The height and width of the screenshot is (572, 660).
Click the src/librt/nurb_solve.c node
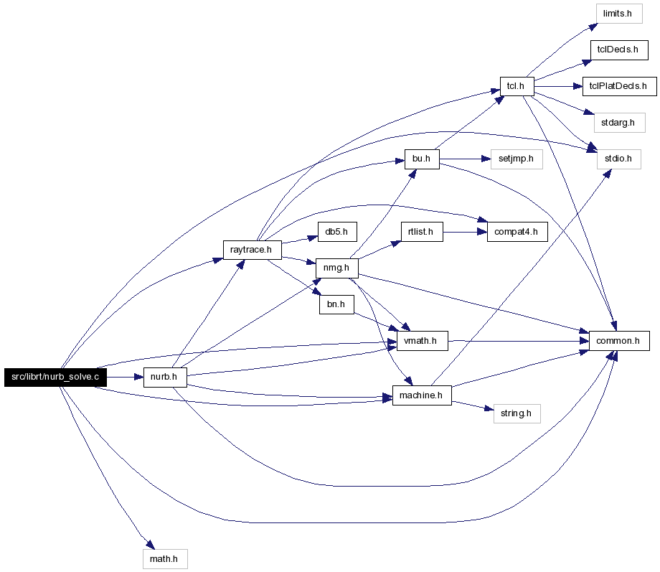pos(55,377)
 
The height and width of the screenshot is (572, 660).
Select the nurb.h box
pos(165,377)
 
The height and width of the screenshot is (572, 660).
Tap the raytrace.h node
pos(252,250)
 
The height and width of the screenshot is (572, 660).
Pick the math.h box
pos(165,559)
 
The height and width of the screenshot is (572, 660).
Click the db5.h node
pos(337,232)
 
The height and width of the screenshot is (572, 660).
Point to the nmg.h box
pos(336,268)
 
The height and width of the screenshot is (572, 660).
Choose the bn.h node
pos(336,304)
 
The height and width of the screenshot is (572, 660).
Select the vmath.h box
pos(422,341)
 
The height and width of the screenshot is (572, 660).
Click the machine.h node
pos(422,395)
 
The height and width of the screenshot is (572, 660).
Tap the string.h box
pos(517,413)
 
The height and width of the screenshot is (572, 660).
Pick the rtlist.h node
pos(422,232)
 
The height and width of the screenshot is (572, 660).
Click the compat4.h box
pos(517,232)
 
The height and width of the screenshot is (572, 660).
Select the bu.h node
pos(422,159)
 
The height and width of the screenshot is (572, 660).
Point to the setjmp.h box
pos(517,159)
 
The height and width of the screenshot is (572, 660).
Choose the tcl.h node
pos(517,86)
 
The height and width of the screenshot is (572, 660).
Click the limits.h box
pos(619,14)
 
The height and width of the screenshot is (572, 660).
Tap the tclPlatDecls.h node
pos(620,86)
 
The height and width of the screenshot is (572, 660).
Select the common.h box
pos(619,341)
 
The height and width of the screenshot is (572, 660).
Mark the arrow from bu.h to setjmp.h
pos(465,159)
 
